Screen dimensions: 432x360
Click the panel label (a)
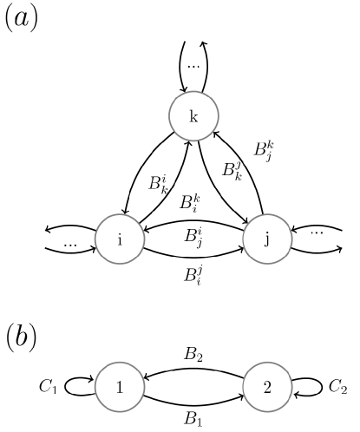tap(21, 19)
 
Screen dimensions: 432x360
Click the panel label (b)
tap(20, 337)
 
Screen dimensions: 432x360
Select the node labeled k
tap(193, 119)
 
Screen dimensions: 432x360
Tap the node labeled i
tap(120, 240)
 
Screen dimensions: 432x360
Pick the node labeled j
tap(267, 240)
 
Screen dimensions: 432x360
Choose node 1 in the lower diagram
tap(120, 388)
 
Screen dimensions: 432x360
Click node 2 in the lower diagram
tap(267, 388)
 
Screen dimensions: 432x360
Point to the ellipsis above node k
tap(193, 65)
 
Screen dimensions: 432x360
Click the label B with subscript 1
tap(193, 419)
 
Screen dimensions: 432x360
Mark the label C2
tap(336, 388)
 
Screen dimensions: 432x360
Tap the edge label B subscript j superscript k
tap(264, 149)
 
